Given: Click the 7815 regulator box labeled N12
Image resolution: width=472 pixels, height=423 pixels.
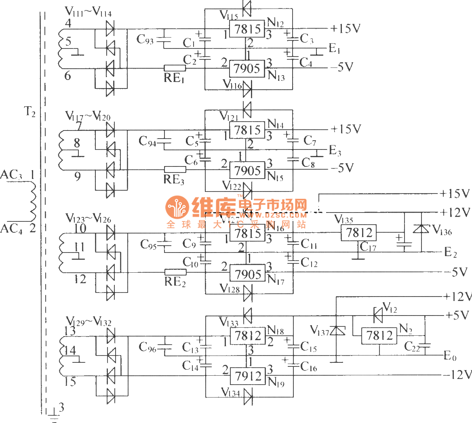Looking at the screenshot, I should tap(247, 29).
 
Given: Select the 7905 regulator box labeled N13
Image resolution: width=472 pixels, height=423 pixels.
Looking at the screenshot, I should tap(247, 68).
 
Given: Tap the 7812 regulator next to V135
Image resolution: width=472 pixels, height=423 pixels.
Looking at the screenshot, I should tap(359, 232).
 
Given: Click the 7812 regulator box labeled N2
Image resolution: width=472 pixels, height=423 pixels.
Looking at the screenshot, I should tap(379, 335).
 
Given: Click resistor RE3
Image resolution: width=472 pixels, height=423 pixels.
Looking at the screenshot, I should tap(174, 169).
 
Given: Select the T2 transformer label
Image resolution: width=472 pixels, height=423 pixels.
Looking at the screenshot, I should tap(29, 112).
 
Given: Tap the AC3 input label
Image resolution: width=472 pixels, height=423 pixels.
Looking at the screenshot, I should tap(11, 175).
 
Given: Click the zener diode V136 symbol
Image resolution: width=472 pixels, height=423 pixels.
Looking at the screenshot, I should tap(422, 229).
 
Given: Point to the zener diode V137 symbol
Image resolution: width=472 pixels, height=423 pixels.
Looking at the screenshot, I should tap(336, 331).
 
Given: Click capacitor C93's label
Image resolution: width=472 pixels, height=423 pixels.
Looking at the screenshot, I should tap(145, 39).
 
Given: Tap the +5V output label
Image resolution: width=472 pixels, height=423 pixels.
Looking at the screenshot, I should tap(457, 315).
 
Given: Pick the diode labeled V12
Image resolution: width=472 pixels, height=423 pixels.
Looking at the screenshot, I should tap(378, 315).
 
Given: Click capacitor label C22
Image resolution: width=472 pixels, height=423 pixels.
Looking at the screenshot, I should tap(412, 346).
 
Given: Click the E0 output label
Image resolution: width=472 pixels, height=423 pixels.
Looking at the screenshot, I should tap(450, 356).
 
